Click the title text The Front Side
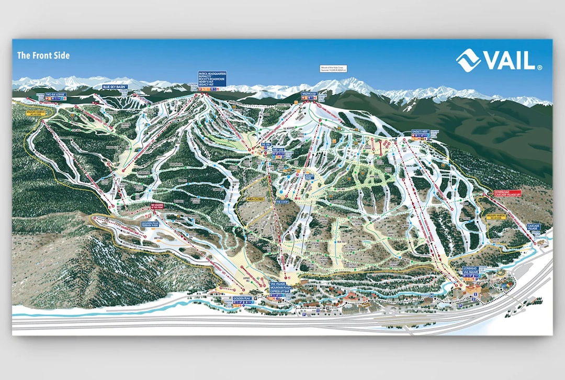[x=43, y=55]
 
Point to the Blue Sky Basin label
[x=115, y=87]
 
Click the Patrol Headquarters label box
[x=211, y=79]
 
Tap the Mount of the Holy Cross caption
[x=335, y=68]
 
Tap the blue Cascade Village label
[x=533, y=227]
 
